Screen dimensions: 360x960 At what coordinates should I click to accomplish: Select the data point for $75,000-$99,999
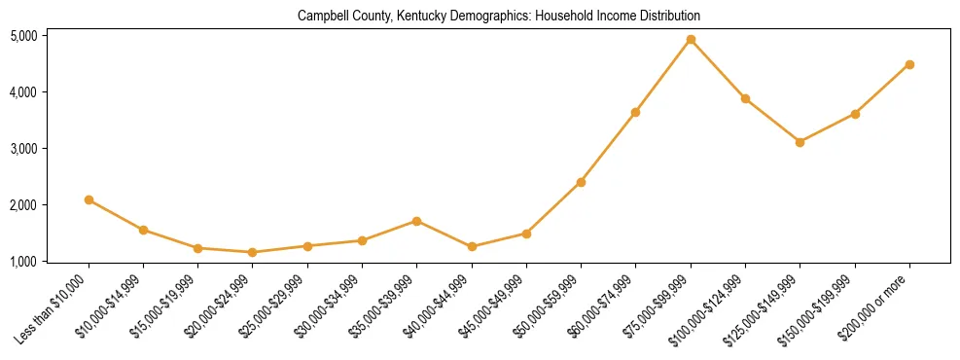(x=691, y=40)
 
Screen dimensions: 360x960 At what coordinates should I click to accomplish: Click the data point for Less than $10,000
(x=89, y=199)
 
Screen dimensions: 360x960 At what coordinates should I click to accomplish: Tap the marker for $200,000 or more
(x=909, y=65)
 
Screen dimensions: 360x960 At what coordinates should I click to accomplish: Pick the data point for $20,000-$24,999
(x=253, y=252)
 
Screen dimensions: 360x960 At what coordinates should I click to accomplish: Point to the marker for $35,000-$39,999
(x=416, y=221)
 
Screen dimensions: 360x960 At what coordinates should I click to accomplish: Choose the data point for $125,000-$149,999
(x=800, y=142)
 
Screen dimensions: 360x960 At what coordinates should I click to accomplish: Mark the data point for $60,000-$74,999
(x=635, y=112)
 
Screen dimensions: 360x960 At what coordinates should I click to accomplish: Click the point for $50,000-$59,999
(x=581, y=182)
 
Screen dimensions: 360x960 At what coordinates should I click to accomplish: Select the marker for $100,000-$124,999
(x=745, y=98)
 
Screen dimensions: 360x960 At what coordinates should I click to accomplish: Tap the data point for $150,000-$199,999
(x=855, y=114)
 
